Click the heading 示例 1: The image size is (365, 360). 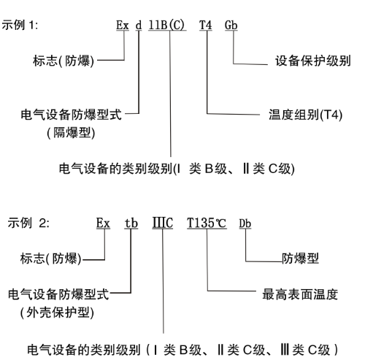(20, 25)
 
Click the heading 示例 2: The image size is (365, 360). (28, 223)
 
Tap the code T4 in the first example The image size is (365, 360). (206, 25)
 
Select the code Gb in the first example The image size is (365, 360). (231, 25)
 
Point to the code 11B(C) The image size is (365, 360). (166, 25)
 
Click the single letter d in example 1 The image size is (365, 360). (139, 25)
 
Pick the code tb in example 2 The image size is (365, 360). (131, 223)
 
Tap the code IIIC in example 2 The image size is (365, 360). (163, 223)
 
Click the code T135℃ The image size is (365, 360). (207, 223)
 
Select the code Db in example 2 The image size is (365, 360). (245, 223)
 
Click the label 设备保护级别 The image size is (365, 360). (313, 61)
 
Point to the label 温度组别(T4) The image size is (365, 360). (306, 115)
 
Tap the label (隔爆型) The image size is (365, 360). (71, 133)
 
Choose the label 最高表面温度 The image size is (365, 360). (300, 294)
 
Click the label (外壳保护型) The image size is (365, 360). (57, 313)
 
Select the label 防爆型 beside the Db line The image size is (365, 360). (300, 258)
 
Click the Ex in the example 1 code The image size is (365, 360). (123, 25)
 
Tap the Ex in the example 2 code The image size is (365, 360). (103, 223)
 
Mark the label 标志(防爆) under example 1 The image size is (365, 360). (64, 61)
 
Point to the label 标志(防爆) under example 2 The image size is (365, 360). (50, 258)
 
